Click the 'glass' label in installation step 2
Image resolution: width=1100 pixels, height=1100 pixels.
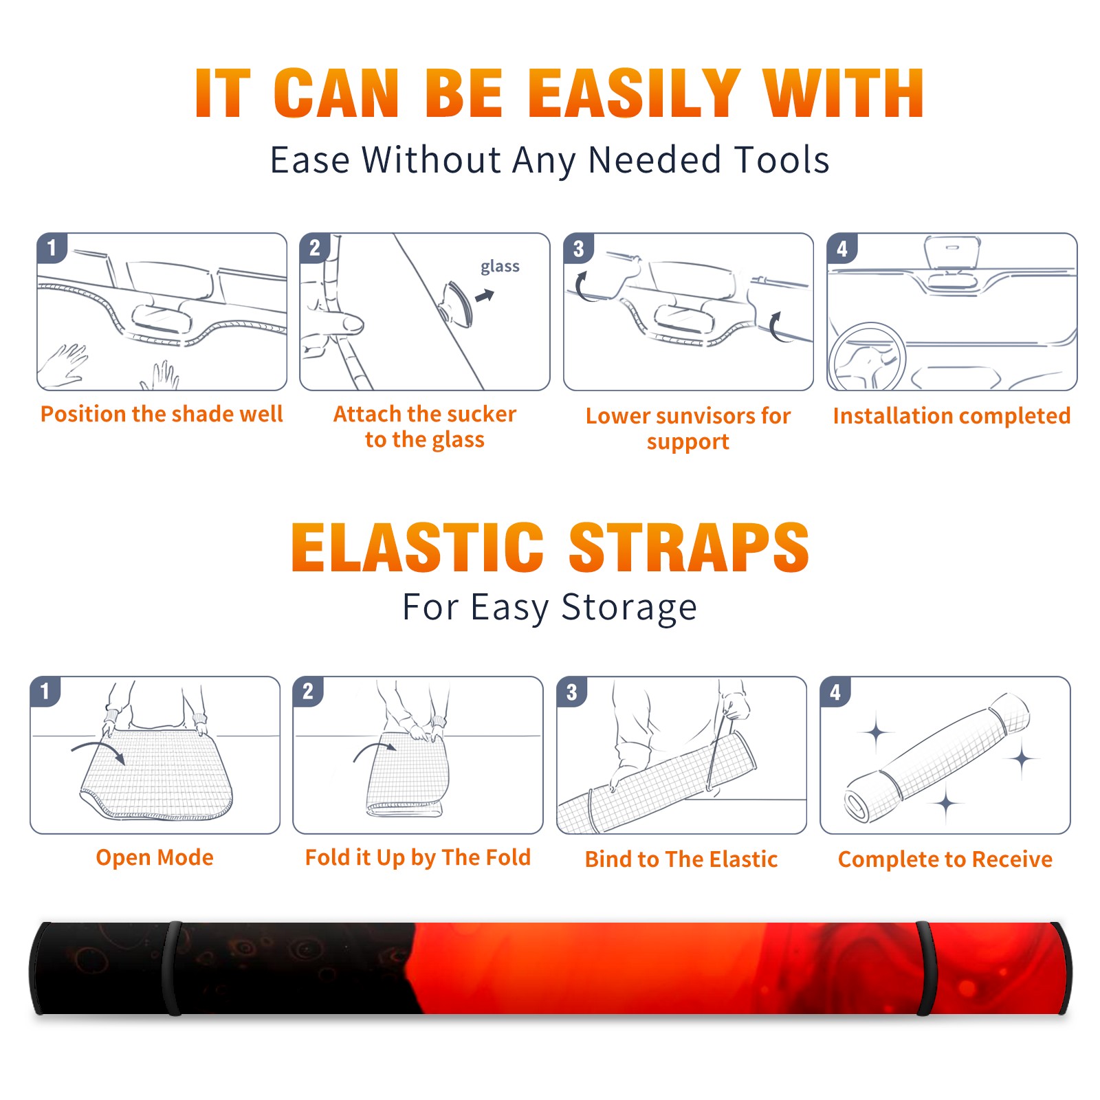coord(500,267)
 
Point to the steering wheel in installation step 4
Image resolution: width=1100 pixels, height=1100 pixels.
coord(867,357)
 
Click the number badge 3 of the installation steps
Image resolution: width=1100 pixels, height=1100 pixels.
coord(578,248)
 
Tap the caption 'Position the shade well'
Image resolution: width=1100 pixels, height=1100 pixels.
coord(162,414)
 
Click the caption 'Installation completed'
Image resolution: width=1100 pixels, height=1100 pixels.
coord(951,415)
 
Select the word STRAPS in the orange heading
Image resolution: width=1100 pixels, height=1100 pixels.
coord(689,547)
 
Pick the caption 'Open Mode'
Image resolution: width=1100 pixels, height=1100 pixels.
coord(155,857)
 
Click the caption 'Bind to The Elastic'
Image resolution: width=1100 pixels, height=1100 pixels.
coord(681,859)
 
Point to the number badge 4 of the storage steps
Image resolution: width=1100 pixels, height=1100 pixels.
coord(835,692)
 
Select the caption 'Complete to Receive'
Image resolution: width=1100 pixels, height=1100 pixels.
coord(945,859)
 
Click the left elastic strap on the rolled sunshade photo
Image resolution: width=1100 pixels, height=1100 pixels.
coord(173,968)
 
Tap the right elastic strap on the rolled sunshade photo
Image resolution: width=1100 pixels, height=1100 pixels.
coord(925,968)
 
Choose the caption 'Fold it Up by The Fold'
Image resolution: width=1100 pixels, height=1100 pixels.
coord(418,857)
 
